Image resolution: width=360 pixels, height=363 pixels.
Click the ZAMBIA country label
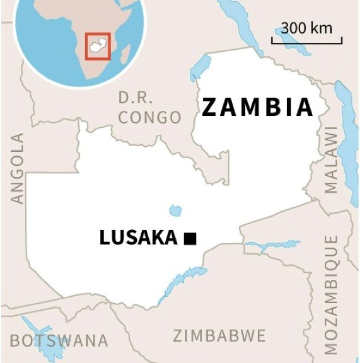tap(257, 108)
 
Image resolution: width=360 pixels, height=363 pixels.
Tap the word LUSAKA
tap(138, 238)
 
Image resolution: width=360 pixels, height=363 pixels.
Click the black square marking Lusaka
tap(190, 238)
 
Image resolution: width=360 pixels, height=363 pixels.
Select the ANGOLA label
tap(17, 168)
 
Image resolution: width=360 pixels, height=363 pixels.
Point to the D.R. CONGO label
tap(149, 108)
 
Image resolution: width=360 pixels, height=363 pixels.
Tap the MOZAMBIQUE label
tap(331, 294)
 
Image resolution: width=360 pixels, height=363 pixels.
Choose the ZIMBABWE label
tap(219, 335)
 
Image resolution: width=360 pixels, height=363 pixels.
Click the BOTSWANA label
tap(59, 341)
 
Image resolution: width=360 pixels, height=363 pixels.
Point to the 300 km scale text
tap(306, 28)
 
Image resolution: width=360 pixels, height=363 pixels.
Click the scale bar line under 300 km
tap(306, 42)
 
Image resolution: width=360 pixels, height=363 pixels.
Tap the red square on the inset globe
tap(98, 46)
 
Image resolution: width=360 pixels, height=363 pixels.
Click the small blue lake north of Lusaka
tap(175, 210)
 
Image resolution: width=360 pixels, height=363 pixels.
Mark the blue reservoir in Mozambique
tap(264, 245)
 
